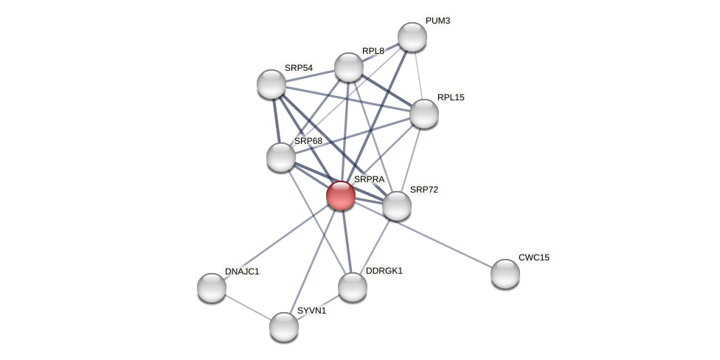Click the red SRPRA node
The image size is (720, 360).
[341, 195]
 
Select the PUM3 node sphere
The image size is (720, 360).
[412, 37]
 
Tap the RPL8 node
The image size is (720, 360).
[349, 67]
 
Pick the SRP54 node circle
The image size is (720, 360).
[271, 84]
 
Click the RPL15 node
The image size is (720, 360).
[424, 114]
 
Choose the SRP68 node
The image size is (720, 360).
[281, 157]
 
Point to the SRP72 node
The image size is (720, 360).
[397, 206]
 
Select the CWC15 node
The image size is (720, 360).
[505, 274]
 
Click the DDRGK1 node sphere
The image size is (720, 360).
[353, 287]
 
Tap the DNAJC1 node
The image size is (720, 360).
[212, 288]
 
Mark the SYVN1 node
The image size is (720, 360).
[284, 327]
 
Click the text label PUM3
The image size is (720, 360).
[437, 21]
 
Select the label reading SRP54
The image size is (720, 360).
[299, 68]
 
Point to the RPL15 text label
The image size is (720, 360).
[451, 97]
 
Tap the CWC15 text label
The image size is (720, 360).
[533, 257]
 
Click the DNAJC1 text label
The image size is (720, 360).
[242, 271]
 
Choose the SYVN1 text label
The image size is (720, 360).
[311, 311]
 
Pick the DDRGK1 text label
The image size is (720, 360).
[384, 271]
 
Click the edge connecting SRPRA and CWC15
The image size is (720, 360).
[423, 235]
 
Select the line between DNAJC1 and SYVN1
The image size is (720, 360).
[248, 308]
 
